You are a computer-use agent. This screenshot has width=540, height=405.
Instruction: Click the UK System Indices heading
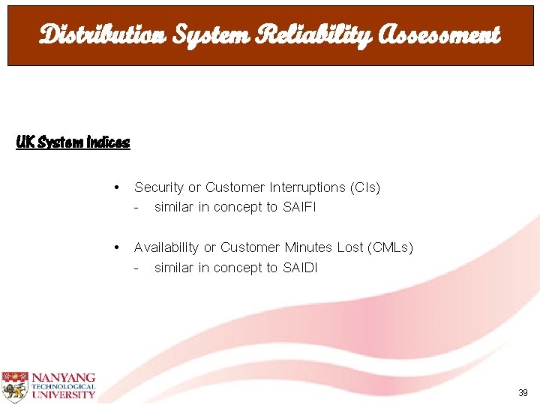point(73,142)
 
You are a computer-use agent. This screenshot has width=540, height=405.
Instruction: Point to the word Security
point(159,187)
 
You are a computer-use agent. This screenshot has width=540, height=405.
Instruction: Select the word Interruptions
point(304,187)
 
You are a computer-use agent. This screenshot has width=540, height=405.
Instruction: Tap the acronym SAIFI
point(300,207)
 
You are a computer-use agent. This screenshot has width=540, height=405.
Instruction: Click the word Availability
point(166,247)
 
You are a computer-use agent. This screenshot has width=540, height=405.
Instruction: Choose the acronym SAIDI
point(300,268)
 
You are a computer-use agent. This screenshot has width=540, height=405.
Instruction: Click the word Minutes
point(308,247)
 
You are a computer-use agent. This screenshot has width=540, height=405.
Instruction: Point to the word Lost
point(343,247)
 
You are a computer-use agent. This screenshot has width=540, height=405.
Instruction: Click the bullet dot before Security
point(116,187)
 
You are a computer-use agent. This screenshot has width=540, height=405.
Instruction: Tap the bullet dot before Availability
point(116,247)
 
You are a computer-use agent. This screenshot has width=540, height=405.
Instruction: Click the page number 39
point(522,393)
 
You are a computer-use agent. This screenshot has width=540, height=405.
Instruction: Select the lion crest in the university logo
point(14,385)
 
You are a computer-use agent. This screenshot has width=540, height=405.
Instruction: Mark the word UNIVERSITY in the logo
point(63,394)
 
